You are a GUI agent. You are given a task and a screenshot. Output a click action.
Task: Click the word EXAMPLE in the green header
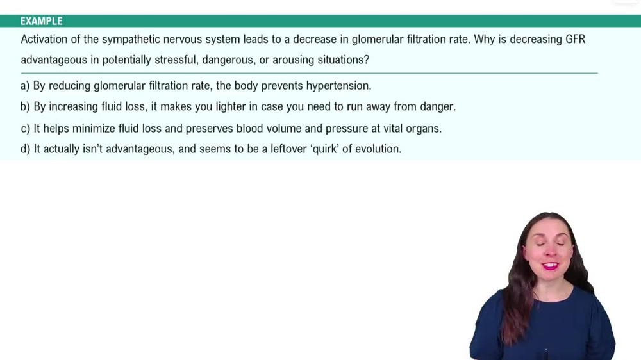42,21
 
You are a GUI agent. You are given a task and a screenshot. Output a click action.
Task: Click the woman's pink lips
549,265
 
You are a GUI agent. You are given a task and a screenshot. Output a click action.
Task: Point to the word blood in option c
249,129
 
